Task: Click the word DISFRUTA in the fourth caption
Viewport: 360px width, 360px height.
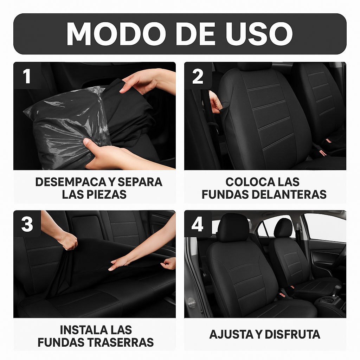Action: click(x=292, y=334)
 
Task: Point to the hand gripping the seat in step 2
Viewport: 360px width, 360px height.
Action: click(x=214, y=102)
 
